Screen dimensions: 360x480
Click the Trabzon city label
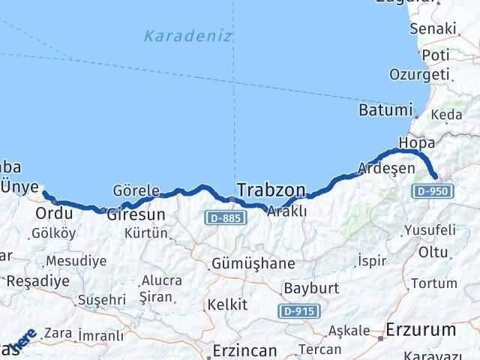(271, 188)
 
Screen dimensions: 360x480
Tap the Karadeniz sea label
(178, 34)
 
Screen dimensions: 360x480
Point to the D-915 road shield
(298, 310)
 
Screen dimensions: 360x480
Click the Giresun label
(135, 214)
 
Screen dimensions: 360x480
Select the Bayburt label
(311, 288)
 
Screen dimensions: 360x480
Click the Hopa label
(417, 142)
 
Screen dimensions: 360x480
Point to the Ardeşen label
(386, 168)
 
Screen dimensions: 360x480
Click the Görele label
(136, 190)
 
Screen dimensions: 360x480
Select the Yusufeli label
(429, 229)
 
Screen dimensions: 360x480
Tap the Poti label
(435, 55)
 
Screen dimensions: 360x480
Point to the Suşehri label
(100, 300)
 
